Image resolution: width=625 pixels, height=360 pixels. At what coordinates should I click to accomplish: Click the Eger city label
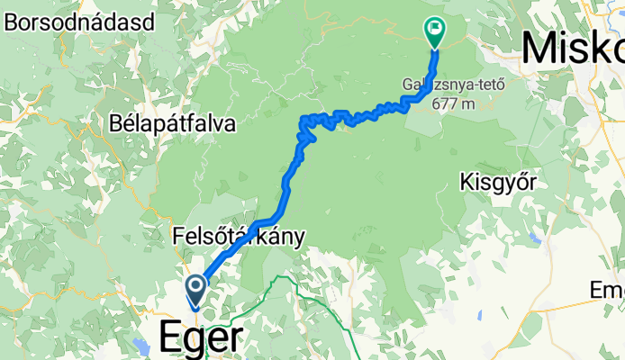[200, 337]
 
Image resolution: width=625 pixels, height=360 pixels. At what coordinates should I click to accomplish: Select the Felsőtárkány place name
[239, 238]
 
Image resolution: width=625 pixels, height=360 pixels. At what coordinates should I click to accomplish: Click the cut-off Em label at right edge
[606, 290]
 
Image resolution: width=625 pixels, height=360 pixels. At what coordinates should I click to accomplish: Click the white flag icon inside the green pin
[435, 29]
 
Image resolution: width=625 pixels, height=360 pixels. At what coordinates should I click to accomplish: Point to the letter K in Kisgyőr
[466, 181]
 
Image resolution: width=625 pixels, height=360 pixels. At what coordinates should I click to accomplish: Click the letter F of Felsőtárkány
[177, 238]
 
